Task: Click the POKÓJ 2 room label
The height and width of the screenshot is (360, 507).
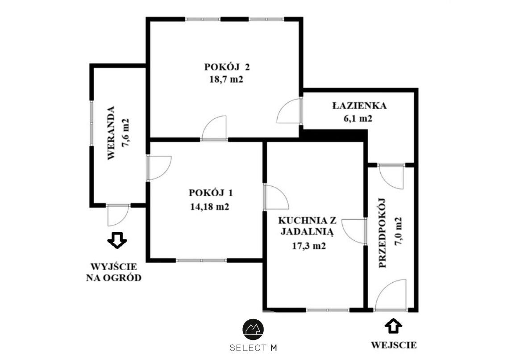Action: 227,67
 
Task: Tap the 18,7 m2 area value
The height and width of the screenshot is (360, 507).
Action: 226,79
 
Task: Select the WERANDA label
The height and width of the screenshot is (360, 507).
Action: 111,133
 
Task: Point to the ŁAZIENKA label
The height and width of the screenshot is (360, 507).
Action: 360,105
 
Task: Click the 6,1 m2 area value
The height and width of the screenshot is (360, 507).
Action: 358,118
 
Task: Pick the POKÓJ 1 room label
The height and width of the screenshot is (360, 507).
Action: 211,193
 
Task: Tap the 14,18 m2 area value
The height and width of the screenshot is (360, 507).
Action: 210,207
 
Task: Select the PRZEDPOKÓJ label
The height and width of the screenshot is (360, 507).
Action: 382,233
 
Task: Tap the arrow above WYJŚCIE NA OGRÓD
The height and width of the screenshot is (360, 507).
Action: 117,240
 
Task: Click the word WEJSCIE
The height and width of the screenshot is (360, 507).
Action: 394,345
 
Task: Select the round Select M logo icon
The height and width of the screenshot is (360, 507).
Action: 253,329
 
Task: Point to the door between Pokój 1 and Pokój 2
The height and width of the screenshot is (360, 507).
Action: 214,128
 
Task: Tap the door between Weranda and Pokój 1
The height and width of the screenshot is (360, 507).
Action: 159,167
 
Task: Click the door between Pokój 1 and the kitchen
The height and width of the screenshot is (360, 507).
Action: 276,197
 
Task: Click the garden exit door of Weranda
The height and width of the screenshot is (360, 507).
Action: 118,215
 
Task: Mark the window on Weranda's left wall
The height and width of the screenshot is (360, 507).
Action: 91,123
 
